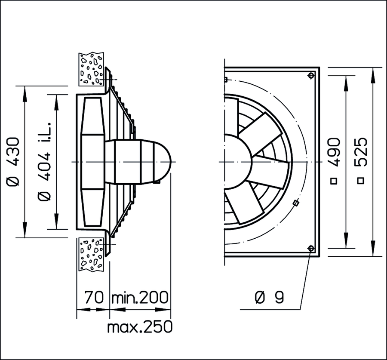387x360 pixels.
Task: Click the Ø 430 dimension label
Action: coord(13,162)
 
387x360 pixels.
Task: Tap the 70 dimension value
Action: coord(94,297)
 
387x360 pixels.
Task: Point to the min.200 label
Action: coord(140,297)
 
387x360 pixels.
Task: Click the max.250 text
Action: coord(140,326)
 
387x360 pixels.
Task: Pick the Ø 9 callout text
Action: coord(269,297)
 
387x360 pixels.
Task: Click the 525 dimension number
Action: coord(361,152)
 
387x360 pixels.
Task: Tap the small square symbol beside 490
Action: coord(334,181)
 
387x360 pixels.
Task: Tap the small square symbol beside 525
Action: coord(361,181)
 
